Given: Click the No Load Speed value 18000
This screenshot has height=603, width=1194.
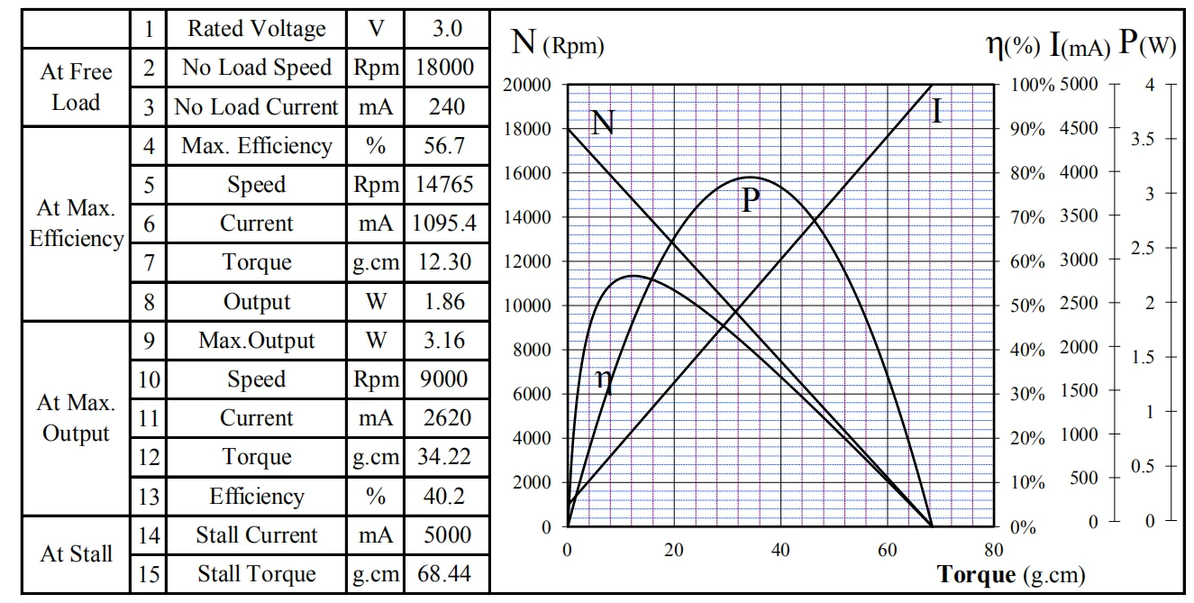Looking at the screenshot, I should coord(447,68).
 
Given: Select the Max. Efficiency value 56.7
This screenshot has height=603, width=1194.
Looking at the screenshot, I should coord(447,146).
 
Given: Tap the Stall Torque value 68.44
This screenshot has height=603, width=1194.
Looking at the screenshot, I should coord(447,574).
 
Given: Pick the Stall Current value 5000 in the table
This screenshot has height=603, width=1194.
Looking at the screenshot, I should coord(447,535).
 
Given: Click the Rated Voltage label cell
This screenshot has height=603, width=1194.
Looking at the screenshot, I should coord(256,29).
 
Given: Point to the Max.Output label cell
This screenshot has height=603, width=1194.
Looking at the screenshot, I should coord(256,341).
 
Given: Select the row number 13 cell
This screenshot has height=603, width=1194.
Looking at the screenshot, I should coord(149,497).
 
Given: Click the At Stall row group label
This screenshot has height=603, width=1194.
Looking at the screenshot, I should coord(77,554).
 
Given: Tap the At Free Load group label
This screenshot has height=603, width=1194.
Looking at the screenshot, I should coord(77,87).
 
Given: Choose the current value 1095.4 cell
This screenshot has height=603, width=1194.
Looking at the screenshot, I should coord(447,224).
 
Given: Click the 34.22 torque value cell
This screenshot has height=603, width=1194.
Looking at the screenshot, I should coord(447,457).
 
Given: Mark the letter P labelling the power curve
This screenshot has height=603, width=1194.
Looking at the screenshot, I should coord(751,201).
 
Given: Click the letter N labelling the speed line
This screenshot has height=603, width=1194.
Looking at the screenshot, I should coord(602,123).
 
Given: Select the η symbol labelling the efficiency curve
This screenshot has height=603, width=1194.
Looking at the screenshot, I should coord(604,379).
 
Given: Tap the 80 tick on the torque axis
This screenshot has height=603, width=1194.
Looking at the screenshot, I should coord(993,551).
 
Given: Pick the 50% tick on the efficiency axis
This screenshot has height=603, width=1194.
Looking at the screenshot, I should coord(1027,306).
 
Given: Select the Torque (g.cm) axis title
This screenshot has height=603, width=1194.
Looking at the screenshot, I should coord(1010,575).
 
